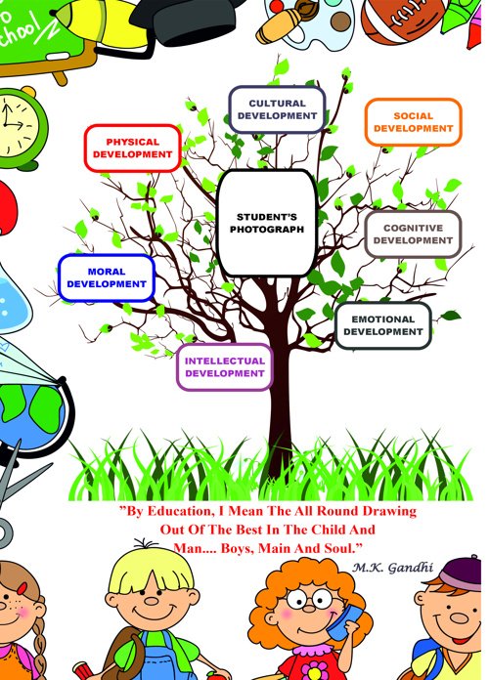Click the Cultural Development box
click(277, 109)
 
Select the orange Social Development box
click(413, 122)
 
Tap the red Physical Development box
click(132, 149)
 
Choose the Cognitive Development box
click(413, 234)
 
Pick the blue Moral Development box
click(107, 278)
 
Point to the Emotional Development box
click(383, 325)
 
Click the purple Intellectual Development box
click(225, 367)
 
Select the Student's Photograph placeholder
click(267, 223)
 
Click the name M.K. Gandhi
click(392, 568)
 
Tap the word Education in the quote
click(180, 511)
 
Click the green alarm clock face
click(18, 124)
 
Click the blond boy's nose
click(152, 601)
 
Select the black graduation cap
click(191, 21)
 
